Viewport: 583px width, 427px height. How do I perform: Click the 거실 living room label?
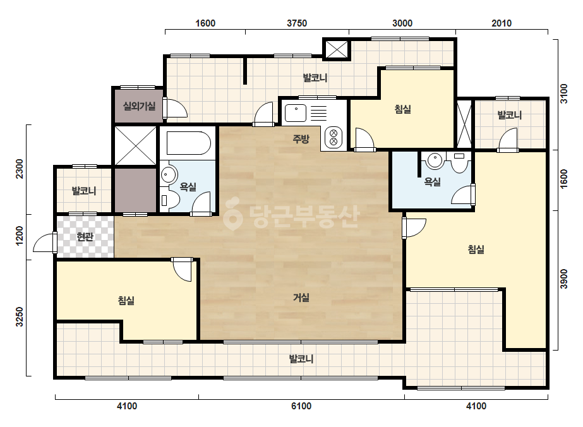point(301,298)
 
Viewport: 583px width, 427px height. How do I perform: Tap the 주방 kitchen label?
point(301,139)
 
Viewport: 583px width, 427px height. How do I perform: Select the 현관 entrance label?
point(85,237)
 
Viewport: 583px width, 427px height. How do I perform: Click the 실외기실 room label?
point(139,106)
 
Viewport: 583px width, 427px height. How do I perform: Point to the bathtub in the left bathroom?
point(188,143)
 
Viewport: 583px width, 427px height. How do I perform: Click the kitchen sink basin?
point(296,112)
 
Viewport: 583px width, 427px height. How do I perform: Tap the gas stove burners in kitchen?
point(334,137)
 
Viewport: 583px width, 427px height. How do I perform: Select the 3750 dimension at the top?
point(297,23)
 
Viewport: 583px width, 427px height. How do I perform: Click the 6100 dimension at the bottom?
point(301,406)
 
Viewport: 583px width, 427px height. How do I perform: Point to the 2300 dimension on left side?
point(20,169)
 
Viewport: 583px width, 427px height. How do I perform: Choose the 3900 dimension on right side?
point(564,279)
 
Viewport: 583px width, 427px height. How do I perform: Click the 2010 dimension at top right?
point(502,23)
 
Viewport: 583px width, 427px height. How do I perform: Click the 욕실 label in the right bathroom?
point(433,181)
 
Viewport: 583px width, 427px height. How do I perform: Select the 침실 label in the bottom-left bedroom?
point(126,301)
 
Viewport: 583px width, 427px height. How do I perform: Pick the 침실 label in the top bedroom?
point(403,109)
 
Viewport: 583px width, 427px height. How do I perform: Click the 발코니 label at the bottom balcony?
point(301,359)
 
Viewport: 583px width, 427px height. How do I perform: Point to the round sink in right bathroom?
point(435,160)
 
